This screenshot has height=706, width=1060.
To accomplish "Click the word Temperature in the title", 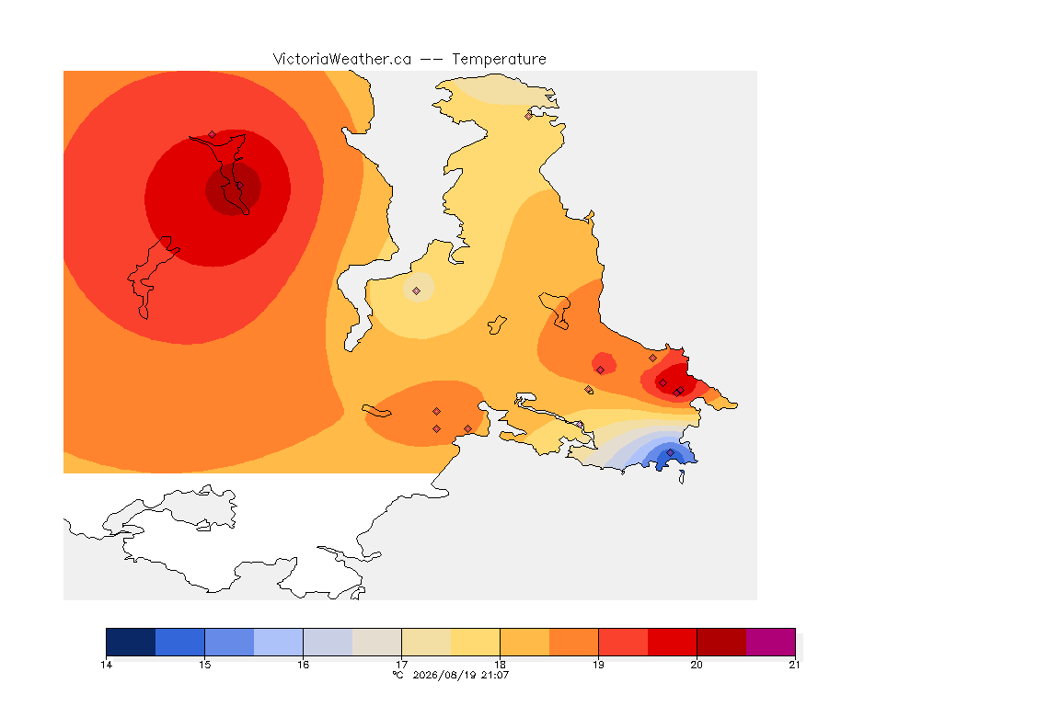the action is tap(499, 60).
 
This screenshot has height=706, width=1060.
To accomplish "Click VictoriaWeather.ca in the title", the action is tap(342, 60).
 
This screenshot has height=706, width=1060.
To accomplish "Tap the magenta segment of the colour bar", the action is tap(771, 642).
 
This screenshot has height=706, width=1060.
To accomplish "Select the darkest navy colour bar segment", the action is tap(132, 642).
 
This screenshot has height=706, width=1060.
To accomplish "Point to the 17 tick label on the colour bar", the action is tap(401, 665).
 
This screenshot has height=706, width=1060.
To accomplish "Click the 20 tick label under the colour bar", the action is tap(697, 665).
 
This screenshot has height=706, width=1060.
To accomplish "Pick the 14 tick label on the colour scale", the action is tap(106, 665).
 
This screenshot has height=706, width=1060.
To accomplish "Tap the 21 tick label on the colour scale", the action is tap(794, 665).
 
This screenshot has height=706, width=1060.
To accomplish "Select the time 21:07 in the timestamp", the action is tap(495, 675).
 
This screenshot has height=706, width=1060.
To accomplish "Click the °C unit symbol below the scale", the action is tap(398, 675).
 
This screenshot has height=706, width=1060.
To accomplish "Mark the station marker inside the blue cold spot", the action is tap(670, 452).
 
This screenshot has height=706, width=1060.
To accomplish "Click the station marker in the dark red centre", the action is tap(239, 186).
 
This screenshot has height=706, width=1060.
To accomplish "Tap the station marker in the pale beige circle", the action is tap(417, 291).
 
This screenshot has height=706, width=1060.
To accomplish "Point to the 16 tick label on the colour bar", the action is tap(303, 665).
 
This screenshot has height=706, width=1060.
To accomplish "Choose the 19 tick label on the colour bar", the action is tap(598, 665).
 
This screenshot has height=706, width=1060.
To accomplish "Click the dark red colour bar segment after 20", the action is tap(721, 642).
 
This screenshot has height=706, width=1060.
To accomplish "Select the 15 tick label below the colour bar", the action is tap(205, 665).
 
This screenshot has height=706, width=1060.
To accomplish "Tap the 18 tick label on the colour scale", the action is tap(500, 665).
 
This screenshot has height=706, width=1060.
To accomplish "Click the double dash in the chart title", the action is tap(432, 60).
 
